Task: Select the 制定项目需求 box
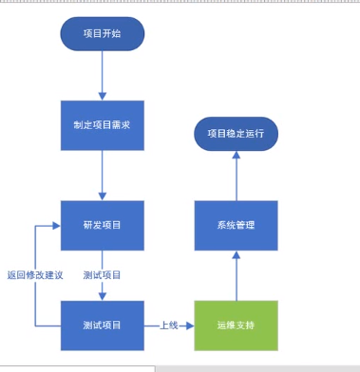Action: (x=102, y=125)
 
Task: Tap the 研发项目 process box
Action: (x=102, y=225)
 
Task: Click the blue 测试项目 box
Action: (x=102, y=325)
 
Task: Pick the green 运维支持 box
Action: (x=236, y=325)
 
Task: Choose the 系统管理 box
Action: (x=236, y=225)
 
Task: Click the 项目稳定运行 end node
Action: (x=236, y=134)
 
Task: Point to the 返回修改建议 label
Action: (x=34, y=275)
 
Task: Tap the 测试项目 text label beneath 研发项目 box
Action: (x=102, y=275)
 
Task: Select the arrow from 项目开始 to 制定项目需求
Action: (x=102, y=76)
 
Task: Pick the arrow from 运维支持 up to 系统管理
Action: (x=236, y=275)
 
